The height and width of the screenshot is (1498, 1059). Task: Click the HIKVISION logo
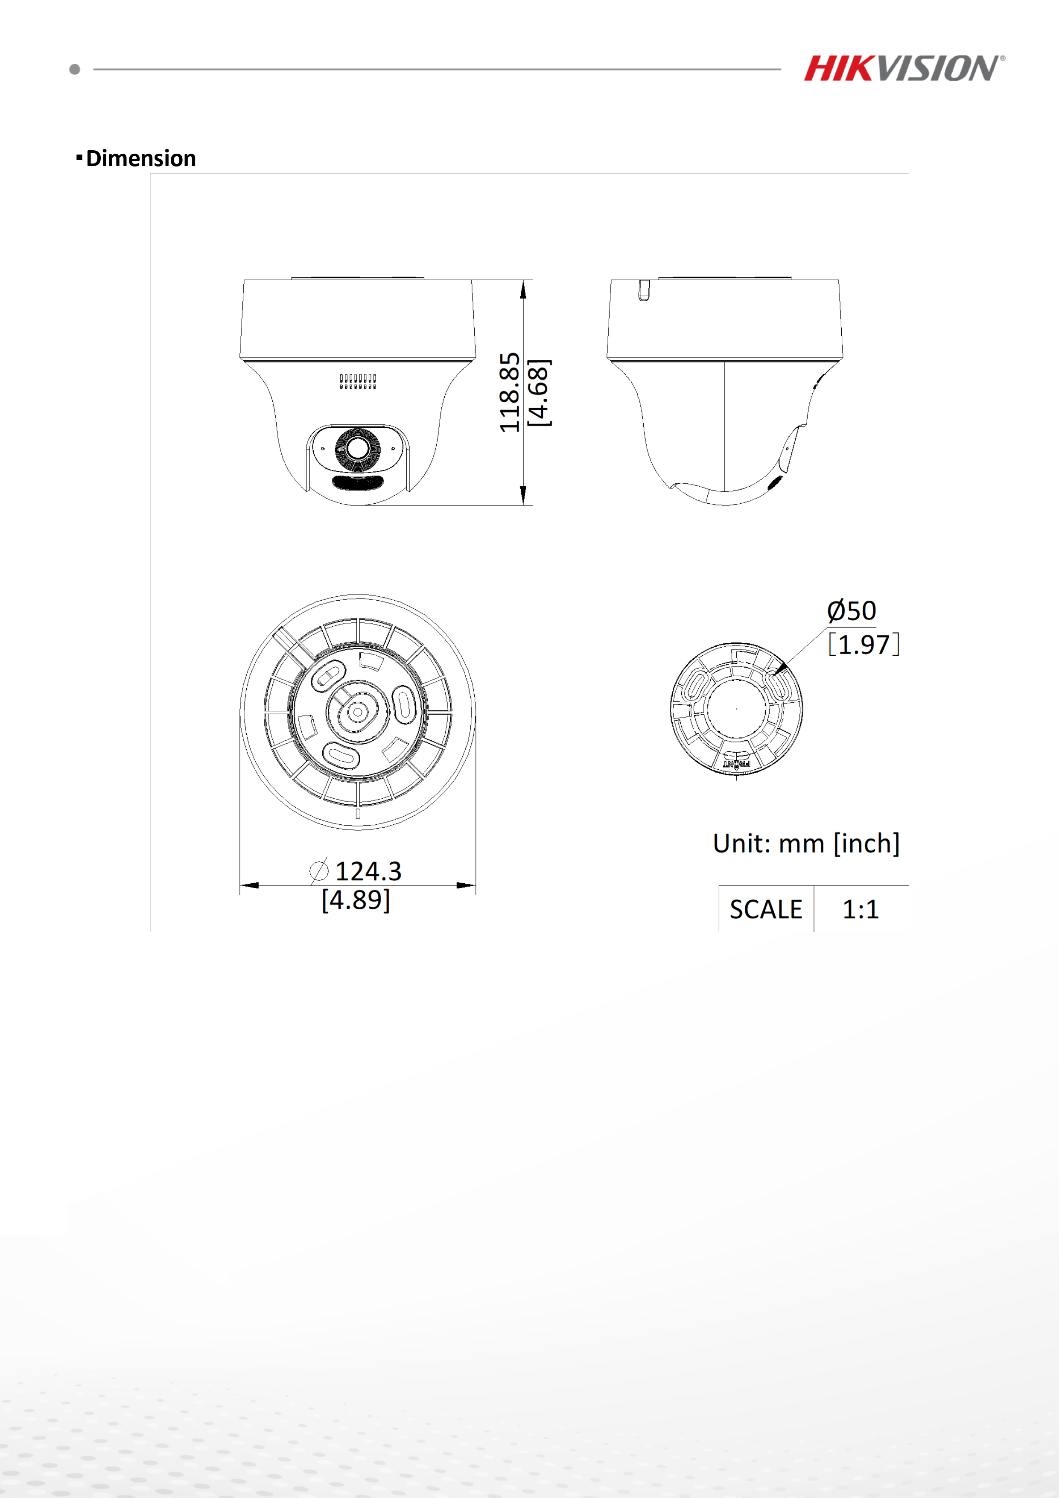(x=903, y=68)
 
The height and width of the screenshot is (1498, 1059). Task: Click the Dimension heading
(x=140, y=158)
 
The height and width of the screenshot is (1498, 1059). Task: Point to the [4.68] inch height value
(x=539, y=392)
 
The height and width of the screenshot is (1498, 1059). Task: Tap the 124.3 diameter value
(x=368, y=871)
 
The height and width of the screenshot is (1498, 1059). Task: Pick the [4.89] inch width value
(x=356, y=900)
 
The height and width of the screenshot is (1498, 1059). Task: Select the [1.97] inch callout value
(x=864, y=645)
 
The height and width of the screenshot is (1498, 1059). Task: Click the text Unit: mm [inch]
(x=806, y=844)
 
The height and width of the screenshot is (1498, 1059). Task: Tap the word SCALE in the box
(x=765, y=909)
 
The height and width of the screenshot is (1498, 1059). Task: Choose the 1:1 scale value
(x=861, y=909)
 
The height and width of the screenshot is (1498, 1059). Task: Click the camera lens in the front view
(x=357, y=448)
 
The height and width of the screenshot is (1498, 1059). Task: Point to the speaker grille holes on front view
(x=358, y=382)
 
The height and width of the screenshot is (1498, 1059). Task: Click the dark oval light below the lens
(x=357, y=483)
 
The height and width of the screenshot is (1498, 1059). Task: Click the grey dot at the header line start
(x=75, y=69)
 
